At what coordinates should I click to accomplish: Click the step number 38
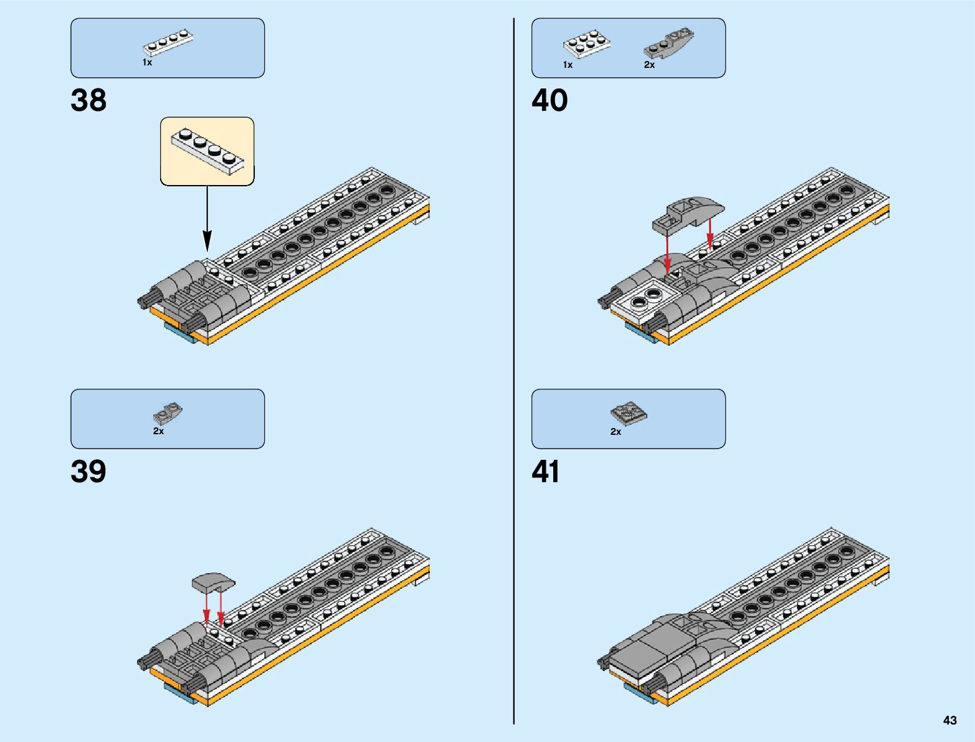88,100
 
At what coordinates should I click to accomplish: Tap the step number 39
88,472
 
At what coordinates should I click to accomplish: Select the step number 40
549,100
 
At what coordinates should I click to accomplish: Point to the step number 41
546,472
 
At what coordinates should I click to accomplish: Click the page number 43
949,720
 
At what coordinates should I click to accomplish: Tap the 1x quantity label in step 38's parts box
147,62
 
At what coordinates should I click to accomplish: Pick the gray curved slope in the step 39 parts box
167,412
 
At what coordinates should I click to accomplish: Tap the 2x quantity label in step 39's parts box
158,431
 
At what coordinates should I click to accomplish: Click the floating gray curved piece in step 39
214,583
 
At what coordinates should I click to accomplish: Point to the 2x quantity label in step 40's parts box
649,65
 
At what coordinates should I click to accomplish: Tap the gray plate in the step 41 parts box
629,412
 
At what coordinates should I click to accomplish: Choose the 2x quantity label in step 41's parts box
616,431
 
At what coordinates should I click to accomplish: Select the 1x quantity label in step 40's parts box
568,65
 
